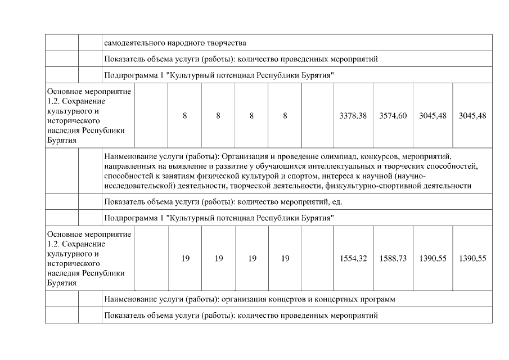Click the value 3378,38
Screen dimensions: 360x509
[x=353, y=115]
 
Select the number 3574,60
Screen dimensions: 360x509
[x=393, y=115]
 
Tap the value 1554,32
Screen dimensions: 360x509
[x=353, y=258]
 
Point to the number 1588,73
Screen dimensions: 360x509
[x=393, y=258]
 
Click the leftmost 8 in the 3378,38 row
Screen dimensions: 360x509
[x=185, y=115]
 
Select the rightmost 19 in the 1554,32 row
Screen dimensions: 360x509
[x=285, y=258]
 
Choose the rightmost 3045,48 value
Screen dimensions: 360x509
[x=472, y=115]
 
